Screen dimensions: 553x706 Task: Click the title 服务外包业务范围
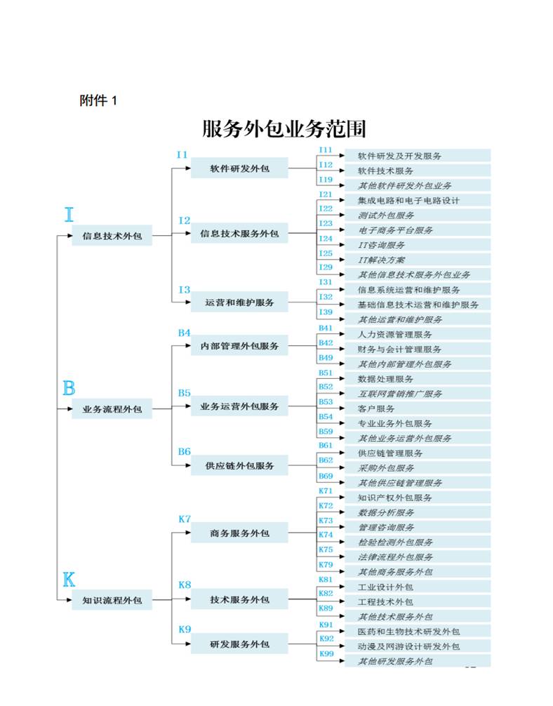click(284, 128)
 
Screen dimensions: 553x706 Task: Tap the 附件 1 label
click(98, 100)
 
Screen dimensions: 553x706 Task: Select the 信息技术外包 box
click(112, 236)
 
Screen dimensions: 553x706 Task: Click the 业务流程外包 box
click(112, 409)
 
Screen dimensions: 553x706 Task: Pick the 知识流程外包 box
click(112, 600)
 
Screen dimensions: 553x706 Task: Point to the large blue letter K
click(69, 580)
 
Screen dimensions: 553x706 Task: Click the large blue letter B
click(69, 388)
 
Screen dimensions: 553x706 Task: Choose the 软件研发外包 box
click(239, 168)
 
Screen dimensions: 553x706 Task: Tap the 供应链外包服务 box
click(239, 465)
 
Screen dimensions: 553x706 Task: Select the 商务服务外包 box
click(239, 533)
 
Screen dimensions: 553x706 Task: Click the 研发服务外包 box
click(239, 644)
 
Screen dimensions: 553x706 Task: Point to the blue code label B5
click(184, 393)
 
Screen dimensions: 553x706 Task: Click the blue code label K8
click(185, 585)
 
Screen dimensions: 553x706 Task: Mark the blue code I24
click(326, 239)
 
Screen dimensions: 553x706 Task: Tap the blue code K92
click(326, 639)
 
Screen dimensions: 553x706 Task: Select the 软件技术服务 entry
click(385, 171)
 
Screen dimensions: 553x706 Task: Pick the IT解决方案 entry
click(382, 260)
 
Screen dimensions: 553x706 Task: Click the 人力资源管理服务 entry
click(395, 334)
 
